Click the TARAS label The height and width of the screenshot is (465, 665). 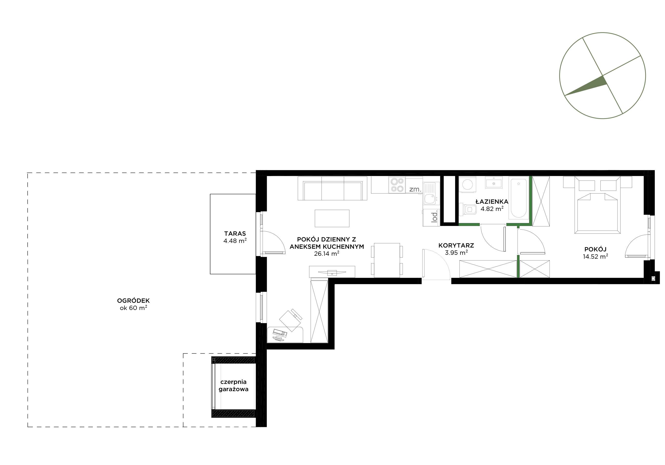click(x=235, y=233)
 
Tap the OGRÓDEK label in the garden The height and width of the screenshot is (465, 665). click(x=133, y=301)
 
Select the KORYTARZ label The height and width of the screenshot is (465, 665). click(x=456, y=246)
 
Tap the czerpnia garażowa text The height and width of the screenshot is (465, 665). click(x=233, y=385)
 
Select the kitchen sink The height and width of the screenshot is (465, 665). click(x=429, y=195)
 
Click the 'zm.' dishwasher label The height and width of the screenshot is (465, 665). click(x=415, y=189)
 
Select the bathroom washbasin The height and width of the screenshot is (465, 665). click(x=494, y=183)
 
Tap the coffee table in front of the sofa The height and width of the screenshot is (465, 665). click(x=332, y=218)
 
